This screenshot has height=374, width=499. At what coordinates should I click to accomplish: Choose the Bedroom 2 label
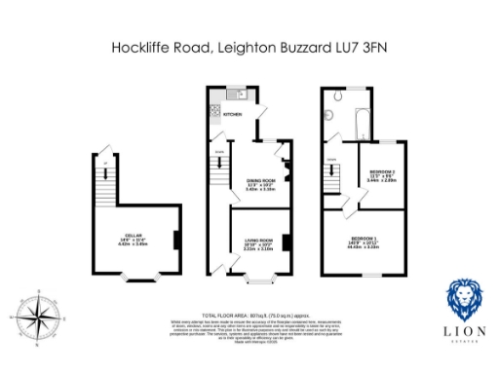point(380,176)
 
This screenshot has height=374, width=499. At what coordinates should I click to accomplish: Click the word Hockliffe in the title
point(143,46)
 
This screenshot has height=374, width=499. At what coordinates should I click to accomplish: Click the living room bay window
point(256,280)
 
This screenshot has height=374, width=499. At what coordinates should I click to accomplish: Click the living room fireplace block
point(287,241)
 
